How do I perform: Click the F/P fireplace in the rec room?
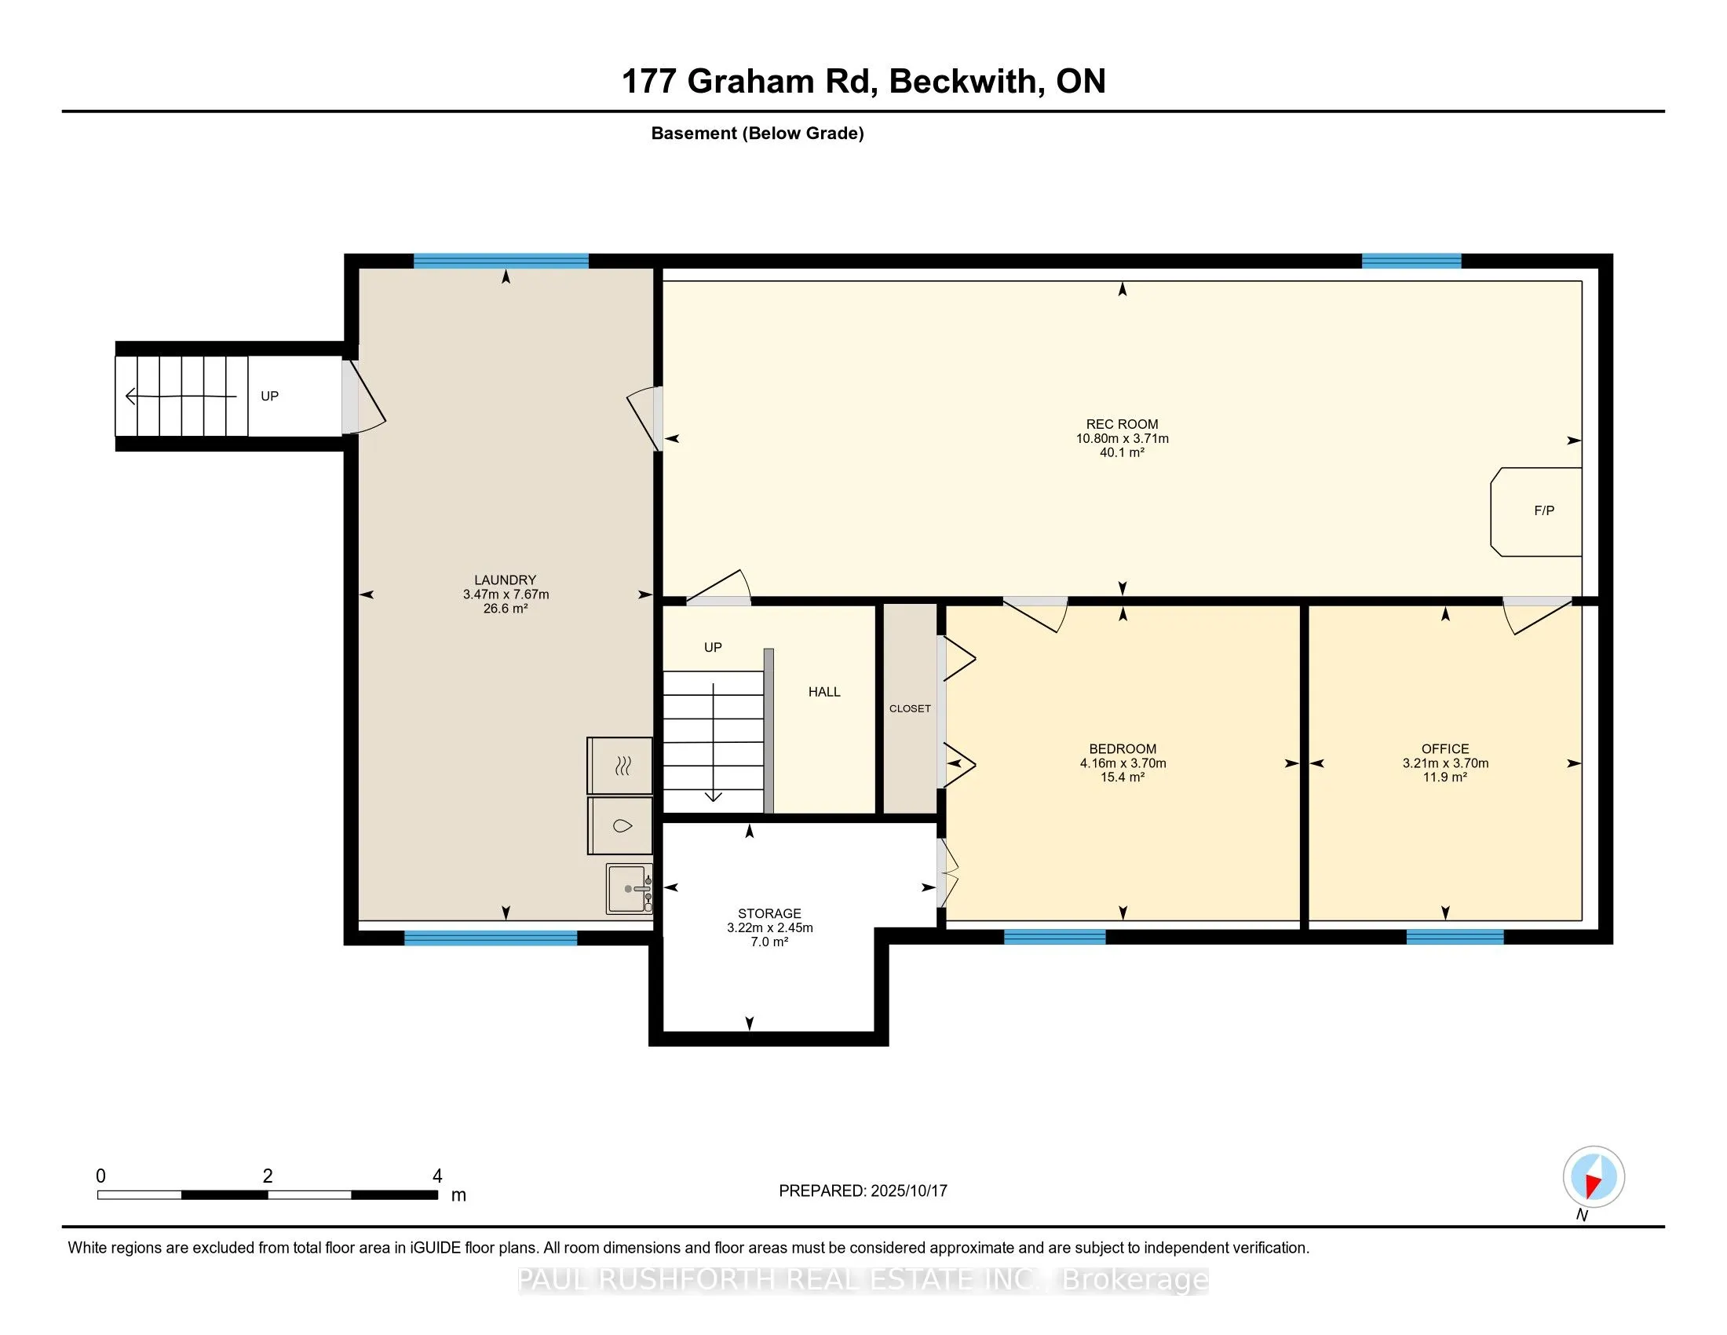click(1535, 512)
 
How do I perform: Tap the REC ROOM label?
click(1121, 424)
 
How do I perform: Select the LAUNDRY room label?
click(506, 580)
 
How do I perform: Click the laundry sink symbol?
click(630, 888)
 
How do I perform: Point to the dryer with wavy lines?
click(620, 766)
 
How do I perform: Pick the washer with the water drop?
click(620, 825)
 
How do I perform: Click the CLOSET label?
click(909, 708)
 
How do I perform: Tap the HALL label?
click(824, 692)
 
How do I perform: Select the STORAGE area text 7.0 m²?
click(769, 942)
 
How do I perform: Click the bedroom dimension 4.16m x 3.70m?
click(1123, 763)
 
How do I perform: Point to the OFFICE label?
click(1445, 749)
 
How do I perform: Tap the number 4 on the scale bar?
click(437, 1176)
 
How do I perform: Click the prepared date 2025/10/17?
click(908, 1191)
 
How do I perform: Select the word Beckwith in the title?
click(962, 82)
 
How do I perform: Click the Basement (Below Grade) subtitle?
click(758, 133)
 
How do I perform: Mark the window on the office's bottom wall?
click(1455, 937)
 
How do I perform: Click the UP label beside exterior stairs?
click(269, 397)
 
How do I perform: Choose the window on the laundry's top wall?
click(502, 261)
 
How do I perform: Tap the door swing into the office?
click(1536, 616)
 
